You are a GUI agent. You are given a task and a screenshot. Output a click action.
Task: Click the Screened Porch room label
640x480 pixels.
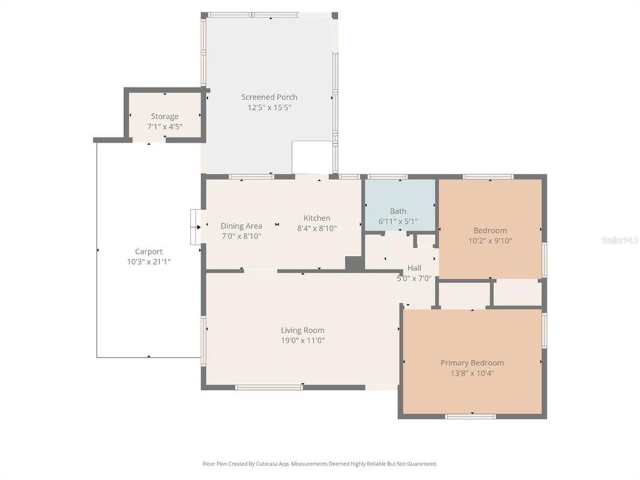[269, 97]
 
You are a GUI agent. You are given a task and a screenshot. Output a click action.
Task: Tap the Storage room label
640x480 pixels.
[164, 117]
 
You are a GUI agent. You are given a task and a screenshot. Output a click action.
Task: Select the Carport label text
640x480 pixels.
[149, 252]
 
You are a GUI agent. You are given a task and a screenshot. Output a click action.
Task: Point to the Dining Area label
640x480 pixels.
[241, 226]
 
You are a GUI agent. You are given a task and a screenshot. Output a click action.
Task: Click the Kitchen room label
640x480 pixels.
[317, 218]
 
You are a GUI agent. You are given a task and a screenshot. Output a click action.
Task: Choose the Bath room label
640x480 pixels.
[398, 211]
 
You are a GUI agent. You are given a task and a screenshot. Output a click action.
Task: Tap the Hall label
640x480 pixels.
[414, 268]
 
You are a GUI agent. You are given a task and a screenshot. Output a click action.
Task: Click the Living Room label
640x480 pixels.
[303, 330]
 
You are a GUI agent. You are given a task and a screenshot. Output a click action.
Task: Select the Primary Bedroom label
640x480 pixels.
[472, 363]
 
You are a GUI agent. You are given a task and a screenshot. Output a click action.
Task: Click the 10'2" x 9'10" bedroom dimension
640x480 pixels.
[489, 241]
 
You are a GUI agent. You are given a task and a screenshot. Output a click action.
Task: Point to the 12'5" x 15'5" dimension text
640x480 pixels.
[269, 107]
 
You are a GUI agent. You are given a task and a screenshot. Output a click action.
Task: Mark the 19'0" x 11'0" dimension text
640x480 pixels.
[303, 341]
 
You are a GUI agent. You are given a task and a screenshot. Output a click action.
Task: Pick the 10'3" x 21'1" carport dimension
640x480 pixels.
[149, 262]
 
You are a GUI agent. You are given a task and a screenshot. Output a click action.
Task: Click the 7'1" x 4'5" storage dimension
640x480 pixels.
[164, 127]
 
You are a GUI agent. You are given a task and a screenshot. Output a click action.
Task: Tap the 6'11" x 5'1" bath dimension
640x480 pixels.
[398, 221]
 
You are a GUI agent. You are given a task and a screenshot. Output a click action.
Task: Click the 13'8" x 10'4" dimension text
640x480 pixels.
[472, 373]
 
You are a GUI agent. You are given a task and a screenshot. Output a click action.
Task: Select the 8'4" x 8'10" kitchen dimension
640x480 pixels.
[317, 229]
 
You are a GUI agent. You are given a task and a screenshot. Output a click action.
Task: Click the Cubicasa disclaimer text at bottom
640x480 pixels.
[320, 463]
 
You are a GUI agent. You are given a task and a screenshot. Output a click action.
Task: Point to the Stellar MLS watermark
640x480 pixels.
[619, 239]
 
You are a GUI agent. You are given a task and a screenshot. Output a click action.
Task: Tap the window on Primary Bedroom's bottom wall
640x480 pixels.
[471, 417]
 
